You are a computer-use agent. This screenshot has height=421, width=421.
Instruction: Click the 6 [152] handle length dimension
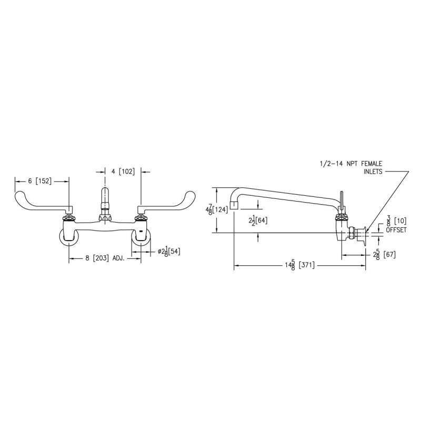(40, 181)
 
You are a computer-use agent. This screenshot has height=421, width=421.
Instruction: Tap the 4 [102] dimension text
(123, 172)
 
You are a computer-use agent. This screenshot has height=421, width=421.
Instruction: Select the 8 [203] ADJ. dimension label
(105, 258)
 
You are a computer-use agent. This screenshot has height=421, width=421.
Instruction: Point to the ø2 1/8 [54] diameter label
(169, 252)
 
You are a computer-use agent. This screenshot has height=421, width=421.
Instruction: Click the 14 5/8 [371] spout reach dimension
(299, 265)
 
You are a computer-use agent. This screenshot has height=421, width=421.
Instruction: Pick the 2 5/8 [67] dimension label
(384, 255)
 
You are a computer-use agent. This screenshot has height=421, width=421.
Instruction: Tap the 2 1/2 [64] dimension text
(258, 220)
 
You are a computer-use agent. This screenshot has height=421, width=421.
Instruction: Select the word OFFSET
(396, 230)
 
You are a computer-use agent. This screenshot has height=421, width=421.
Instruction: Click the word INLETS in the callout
(373, 172)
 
